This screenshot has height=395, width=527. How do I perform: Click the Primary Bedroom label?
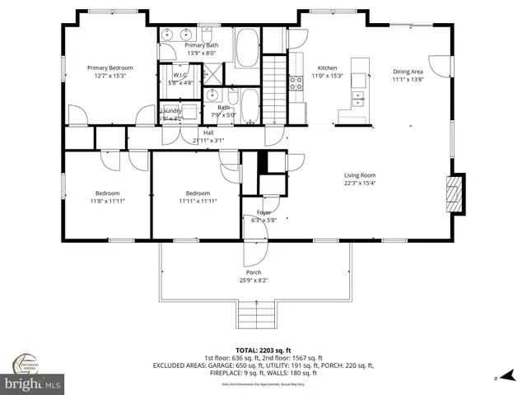(110, 67)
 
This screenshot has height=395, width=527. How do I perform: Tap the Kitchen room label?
(327, 68)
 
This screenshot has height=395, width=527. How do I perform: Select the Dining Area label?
(407, 72)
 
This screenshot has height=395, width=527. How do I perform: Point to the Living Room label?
(360, 174)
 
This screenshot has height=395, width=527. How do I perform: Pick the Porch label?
(254, 272)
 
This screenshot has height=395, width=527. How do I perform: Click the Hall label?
(208, 132)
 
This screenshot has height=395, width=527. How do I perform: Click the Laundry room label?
(171, 110)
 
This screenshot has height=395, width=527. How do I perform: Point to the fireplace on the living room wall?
(452, 193)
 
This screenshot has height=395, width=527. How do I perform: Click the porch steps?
(254, 313)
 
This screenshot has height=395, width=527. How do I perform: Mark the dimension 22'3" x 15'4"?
(360, 183)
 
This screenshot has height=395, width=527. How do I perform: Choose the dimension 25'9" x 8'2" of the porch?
(254, 280)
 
